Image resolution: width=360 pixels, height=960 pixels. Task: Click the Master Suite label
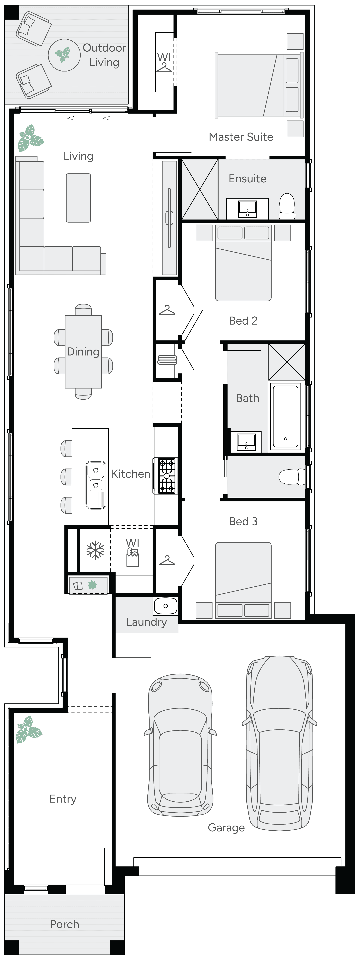click(241, 137)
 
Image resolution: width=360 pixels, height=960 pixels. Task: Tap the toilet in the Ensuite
click(287, 206)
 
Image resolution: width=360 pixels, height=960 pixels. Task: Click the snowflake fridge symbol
click(95, 550)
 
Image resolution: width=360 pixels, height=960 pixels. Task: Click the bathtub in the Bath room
click(285, 416)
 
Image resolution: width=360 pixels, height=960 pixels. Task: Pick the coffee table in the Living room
click(78, 198)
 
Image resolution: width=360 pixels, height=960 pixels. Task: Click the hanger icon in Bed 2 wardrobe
click(167, 310)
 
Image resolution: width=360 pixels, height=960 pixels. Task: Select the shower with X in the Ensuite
click(200, 189)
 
